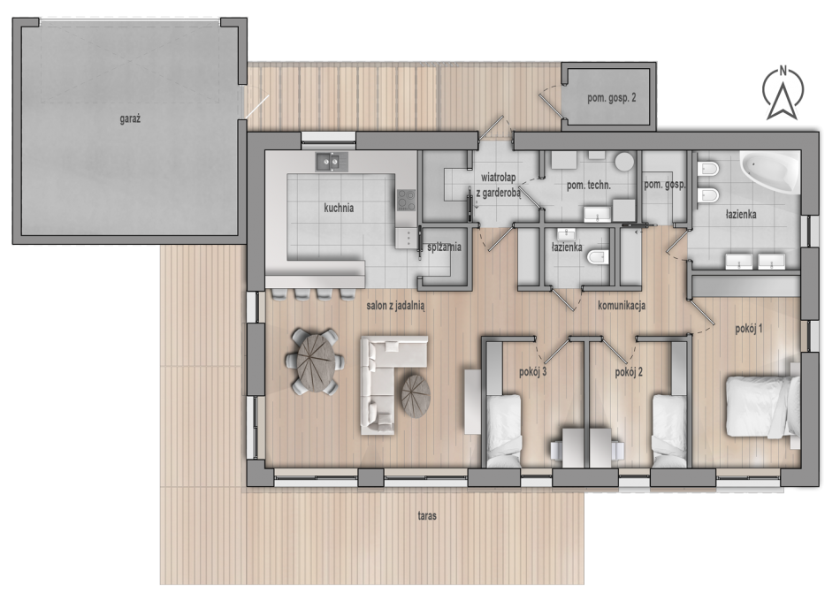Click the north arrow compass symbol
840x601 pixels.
click(x=783, y=92)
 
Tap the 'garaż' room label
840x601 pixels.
click(x=130, y=119)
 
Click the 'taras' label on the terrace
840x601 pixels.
click(x=427, y=516)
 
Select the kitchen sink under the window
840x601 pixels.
click(x=332, y=161)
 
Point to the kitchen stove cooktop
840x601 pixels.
click(x=406, y=200)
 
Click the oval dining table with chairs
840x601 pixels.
click(x=315, y=362)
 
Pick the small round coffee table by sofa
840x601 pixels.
click(x=416, y=395)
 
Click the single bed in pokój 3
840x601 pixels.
click(x=503, y=431)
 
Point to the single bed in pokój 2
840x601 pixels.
click(x=669, y=431)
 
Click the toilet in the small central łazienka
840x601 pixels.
click(x=599, y=258)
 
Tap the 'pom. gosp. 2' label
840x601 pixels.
click(x=611, y=98)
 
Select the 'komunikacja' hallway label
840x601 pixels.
click(x=622, y=305)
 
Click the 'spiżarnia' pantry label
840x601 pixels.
click(x=444, y=247)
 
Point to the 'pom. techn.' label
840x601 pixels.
click(x=589, y=186)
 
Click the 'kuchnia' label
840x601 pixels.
click(x=339, y=208)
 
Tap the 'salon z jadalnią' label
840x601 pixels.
click(x=395, y=306)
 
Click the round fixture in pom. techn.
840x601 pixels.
click(x=623, y=162)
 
